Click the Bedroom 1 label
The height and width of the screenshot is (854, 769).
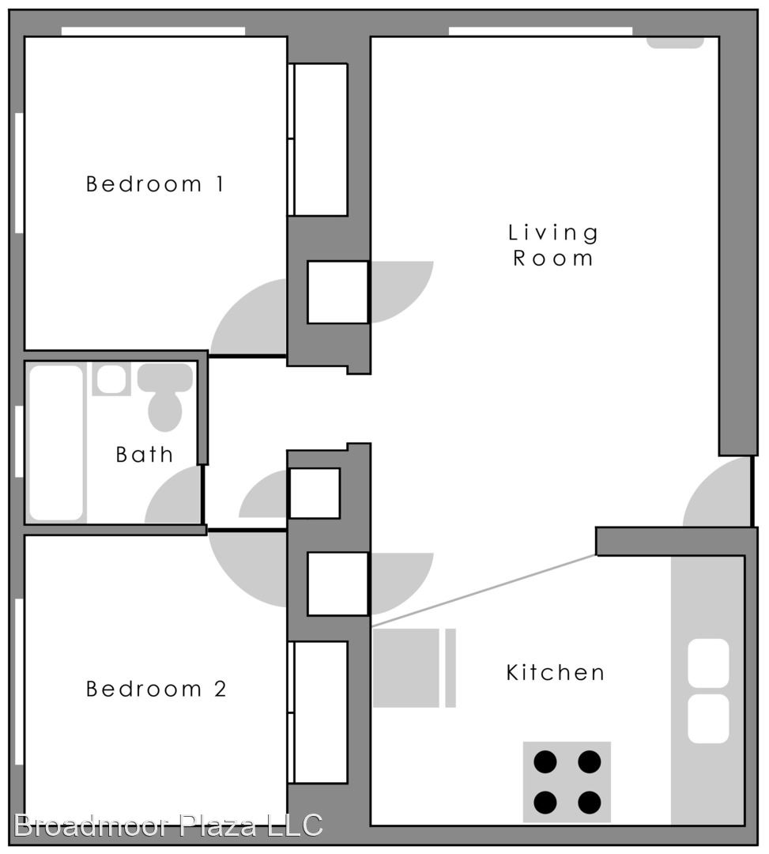pyautogui.click(x=155, y=184)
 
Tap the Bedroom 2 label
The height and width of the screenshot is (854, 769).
pyautogui.click(x=156, y=689)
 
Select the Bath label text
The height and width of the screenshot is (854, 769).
pyautogui.click(x=144, y=454)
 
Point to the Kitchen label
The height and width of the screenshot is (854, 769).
pyautogui.click(x=555, y=673)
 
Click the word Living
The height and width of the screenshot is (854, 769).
pyautogui.click(x=553, y=232)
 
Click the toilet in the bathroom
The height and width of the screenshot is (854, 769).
pyautogui.click(x=165, y=396)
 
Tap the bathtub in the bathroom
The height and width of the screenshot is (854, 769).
pyautogui.click(x=56, y=442)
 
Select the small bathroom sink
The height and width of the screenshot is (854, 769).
pyautogui.click(x=111, y=379)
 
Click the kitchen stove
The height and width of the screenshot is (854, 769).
pyautogui.click(x=567, y=781)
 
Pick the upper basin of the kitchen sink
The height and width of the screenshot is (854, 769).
pyautogui.click(x=708, y=663)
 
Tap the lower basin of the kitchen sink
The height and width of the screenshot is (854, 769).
pyautogui.click(x=708, y=718)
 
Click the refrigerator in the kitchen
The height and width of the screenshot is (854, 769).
pyautogui.click(x=414, y=668)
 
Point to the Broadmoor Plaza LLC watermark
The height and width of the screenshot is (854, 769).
pyautogui.click(x=168, y=825)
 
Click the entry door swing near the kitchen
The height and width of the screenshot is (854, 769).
pyautogui.click(x=717, y=492)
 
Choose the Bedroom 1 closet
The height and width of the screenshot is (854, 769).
pyautogui.click(x=318, y=140)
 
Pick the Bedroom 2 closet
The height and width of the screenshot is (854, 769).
pyautogui.click(x=318, y=712)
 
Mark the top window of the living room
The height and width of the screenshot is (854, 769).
pyautogui.click(x=541, y=31)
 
